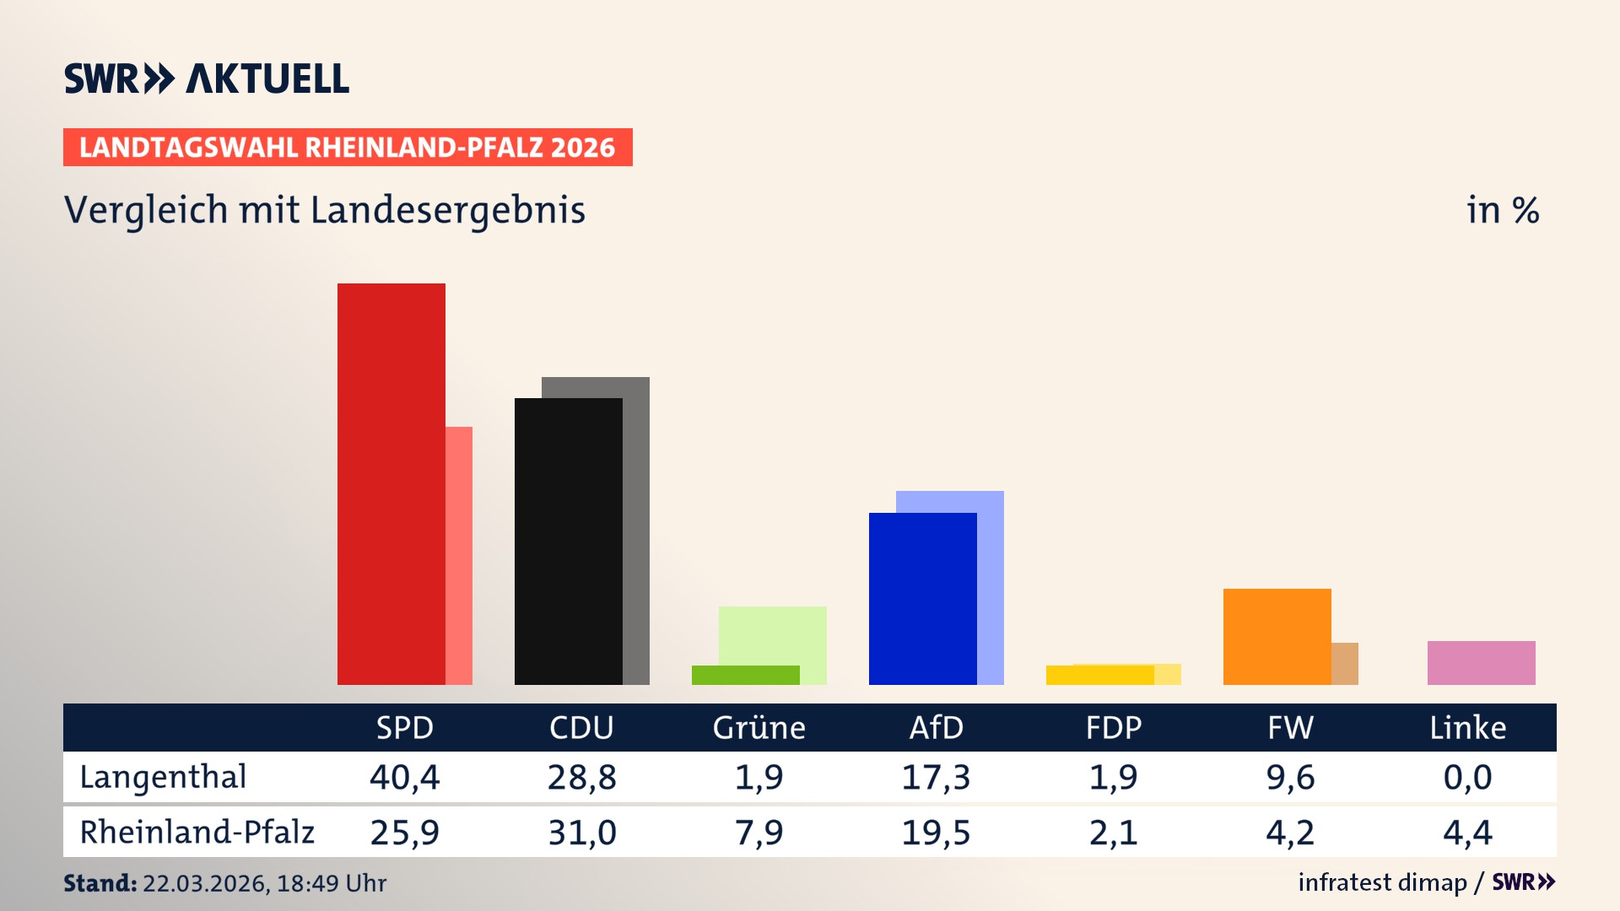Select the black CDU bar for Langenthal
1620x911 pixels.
568,541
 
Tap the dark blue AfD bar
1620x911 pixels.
922,598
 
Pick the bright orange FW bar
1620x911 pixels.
1277,636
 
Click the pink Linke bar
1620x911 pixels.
1481,662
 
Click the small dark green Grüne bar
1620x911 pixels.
745,675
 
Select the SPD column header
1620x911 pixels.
404,727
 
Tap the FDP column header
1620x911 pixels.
1113,727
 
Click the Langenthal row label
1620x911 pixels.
163,777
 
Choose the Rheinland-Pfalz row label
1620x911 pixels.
197,833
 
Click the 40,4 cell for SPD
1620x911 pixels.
404,777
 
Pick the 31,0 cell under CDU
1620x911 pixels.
581,833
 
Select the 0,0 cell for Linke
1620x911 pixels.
1467,777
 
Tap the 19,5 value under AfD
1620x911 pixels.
936,833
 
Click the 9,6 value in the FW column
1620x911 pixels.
1290,777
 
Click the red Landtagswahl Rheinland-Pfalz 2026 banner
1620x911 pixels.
348,148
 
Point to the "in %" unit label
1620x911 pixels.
1502,210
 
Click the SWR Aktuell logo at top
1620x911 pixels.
206,78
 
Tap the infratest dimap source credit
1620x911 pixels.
1382,882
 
